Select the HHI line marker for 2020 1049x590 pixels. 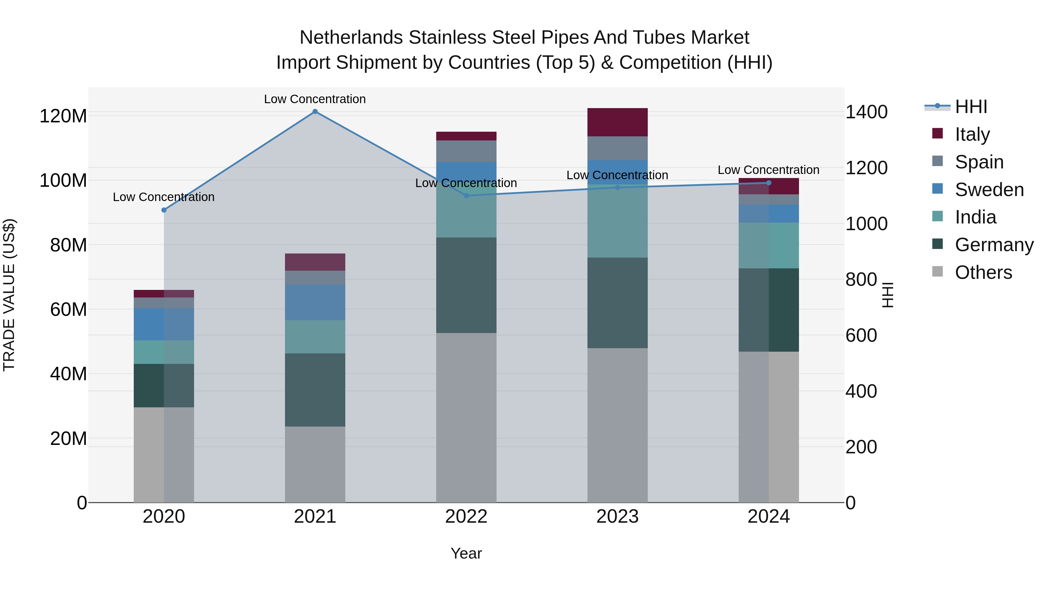pos(164,210)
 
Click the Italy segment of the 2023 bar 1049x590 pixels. pos(617,122)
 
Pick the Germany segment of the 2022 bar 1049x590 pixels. pos(466,285)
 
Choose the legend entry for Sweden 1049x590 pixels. pos(989,190)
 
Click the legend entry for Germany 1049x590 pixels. pos(994,245)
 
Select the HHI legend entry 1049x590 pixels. pos(971,107)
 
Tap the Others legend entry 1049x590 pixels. pos(983,272)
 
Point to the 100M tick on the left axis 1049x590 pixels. pos(63,180)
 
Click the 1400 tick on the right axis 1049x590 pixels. pos(867,112)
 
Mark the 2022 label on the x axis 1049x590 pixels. pos(466,517)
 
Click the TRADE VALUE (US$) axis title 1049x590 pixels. pos(9,295)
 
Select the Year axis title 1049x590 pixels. pos(466,553)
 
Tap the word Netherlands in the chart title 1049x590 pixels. pos(351,38)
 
